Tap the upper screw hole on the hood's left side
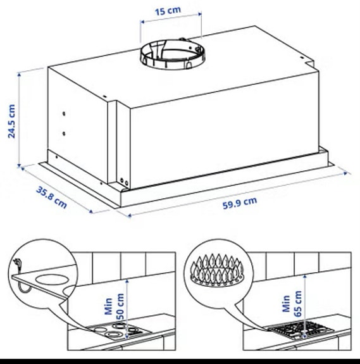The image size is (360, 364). [65, 115]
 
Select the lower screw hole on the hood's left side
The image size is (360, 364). [65, 134]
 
